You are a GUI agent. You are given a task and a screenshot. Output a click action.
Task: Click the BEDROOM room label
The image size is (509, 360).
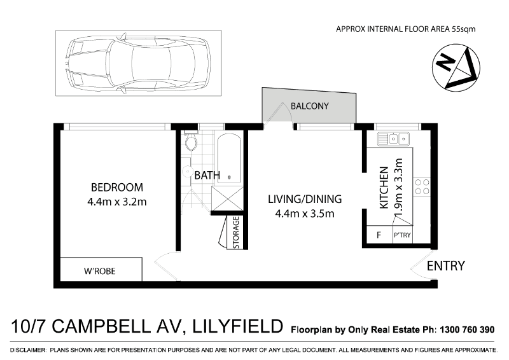tap(117, 187)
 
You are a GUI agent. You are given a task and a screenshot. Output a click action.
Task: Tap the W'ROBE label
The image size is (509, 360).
tap(100, 271)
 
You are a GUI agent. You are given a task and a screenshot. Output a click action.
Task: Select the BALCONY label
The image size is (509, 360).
tap(309, 106)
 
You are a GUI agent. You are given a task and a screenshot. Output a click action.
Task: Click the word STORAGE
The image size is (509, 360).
tap(236, 232)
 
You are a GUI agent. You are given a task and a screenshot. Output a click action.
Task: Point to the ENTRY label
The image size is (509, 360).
tap(446, 266)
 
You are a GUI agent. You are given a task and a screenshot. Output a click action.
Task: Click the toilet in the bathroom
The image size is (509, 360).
tap(191, 141)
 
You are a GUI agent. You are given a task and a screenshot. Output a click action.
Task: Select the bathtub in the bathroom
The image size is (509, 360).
tap(229, 158)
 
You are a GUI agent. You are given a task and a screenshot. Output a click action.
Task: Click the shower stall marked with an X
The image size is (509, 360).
tap(227, 198)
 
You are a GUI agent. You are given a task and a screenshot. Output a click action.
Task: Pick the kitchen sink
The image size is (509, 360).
tap(393, 139)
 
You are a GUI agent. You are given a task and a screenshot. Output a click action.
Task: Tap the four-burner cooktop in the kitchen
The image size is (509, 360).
tap(422, 186)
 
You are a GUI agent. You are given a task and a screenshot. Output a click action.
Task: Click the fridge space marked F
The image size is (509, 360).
tap(379, 235)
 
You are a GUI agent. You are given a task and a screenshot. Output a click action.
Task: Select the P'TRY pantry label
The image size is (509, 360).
tap(402, 235)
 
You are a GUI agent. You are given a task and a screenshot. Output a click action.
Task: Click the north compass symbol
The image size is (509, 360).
tap(456, 67)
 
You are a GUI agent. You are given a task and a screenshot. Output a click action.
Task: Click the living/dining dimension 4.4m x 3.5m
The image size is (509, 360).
tap(305, 214)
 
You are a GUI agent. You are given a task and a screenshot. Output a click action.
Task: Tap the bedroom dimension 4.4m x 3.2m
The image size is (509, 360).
tap(117, 202)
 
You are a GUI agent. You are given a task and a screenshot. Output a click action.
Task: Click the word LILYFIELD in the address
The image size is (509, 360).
tap(237, 326)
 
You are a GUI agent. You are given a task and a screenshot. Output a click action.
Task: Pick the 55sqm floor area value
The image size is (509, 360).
tap(464, 29)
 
